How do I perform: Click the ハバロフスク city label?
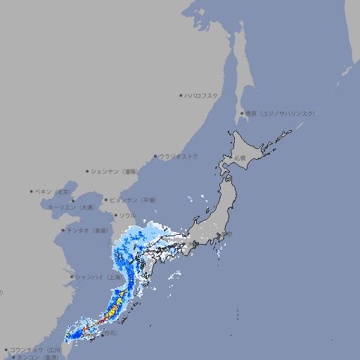tap(202, 95)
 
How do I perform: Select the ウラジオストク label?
tap(179, 156)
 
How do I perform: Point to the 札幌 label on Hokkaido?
tap(240, 158)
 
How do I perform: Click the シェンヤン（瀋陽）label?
tap(115, 171)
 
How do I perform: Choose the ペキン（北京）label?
tap(53, 191)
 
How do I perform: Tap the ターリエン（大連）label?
tap(71, 207)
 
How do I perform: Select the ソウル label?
tap(127, 215)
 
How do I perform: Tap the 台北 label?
tap(109, 334)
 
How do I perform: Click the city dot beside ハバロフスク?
tap(181, 95)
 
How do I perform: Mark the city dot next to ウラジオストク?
tap(155, 156)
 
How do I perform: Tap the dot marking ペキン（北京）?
tap(32, 191)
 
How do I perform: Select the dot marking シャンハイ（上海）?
tap(72, 277)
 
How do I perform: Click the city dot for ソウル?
tap(115, 215)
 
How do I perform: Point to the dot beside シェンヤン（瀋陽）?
tap(87, 171)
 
